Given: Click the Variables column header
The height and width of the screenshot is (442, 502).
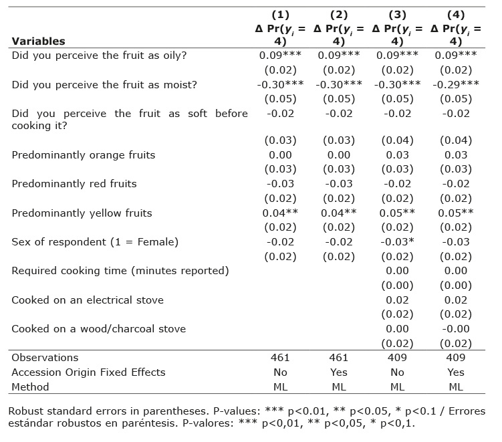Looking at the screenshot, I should (x=38, y=41).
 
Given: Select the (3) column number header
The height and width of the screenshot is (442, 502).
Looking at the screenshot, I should (x=397, y=14).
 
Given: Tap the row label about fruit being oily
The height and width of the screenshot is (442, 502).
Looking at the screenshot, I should (x=99, y=56).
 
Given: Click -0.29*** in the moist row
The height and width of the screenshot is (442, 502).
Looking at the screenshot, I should (x=456, y=84).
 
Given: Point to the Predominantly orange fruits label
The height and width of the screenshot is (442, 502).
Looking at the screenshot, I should (x=83, y=155).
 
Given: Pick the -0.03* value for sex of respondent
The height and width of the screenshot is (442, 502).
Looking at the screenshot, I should (x=397, y=242).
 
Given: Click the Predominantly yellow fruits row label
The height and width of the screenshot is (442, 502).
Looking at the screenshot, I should (x=82, y=213).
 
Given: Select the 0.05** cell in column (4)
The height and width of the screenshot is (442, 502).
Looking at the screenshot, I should (x=456, y=213).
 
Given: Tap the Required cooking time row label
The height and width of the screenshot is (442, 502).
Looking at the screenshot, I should (x=120, y=271).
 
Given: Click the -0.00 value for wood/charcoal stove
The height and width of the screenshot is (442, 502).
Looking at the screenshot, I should (x=456, y=329).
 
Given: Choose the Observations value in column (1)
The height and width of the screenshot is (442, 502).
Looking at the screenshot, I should (x=281, y=358).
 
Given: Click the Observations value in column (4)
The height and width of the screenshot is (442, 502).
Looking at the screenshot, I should (x=456, y=358).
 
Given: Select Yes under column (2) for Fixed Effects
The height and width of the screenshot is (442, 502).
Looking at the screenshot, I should (x=340, y=372).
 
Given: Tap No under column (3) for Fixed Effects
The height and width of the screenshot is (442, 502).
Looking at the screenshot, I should (x=397, y=372).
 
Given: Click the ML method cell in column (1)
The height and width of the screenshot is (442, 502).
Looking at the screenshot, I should (x=281, y=387).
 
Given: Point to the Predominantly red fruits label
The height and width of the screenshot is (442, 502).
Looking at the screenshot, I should (x=74, y=184).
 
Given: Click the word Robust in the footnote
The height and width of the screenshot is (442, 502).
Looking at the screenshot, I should (x=28, y=411).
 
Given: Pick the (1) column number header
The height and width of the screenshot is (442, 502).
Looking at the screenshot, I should (x=281, y=14).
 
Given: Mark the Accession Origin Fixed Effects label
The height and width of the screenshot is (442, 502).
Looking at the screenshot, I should (x=88, y=372).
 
